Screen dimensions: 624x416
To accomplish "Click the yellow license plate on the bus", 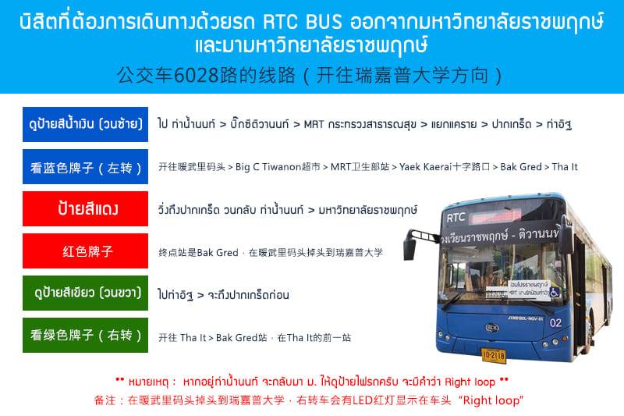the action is click(x=494, y=355).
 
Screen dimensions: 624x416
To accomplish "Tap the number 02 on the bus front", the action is click(x=555, y=322).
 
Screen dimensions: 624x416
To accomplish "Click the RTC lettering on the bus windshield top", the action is click(x=456, y=218).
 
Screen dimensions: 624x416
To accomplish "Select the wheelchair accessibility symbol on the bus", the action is click(x=554, y=293).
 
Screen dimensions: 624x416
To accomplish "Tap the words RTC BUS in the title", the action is click(x=303, y=22).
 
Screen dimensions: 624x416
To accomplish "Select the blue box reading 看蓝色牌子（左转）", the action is click(x=85, y=167).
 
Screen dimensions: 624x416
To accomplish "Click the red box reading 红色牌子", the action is click(x=85, y=251).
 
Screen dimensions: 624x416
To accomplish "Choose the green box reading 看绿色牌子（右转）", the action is click(x=85, y=335).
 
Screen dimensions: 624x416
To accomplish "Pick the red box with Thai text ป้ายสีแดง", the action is click(x=85, y=208).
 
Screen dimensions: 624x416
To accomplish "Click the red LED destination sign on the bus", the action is click(x=496, y=216).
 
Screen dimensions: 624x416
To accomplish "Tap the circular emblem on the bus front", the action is click(x=492, y=328).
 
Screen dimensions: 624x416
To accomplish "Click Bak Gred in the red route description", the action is click(x=218, y=252).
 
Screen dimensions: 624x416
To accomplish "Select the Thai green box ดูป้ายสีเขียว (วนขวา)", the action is click(x=85, y=293).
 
